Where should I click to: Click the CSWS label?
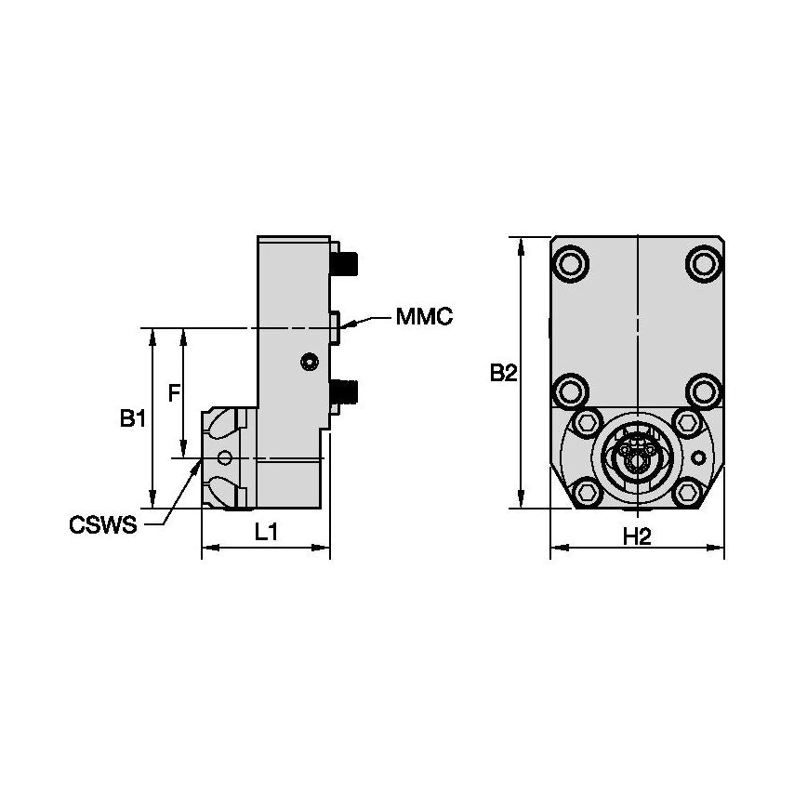coord(102,525)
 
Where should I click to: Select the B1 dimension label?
coord(132,419)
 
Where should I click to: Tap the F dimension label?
coord(173,393)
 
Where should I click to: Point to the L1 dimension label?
coord(266,533)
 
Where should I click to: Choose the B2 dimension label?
coord(503,373)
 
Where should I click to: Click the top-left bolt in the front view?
coord(571,262)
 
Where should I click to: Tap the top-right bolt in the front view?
coord(703,262)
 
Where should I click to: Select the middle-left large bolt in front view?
coord(571,390)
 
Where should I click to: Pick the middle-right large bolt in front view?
coord(703,390)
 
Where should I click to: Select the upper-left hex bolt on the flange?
coord(587,423)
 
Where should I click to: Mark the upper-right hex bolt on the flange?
coord(687,423)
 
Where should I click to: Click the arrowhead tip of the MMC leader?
coord(340,326)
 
